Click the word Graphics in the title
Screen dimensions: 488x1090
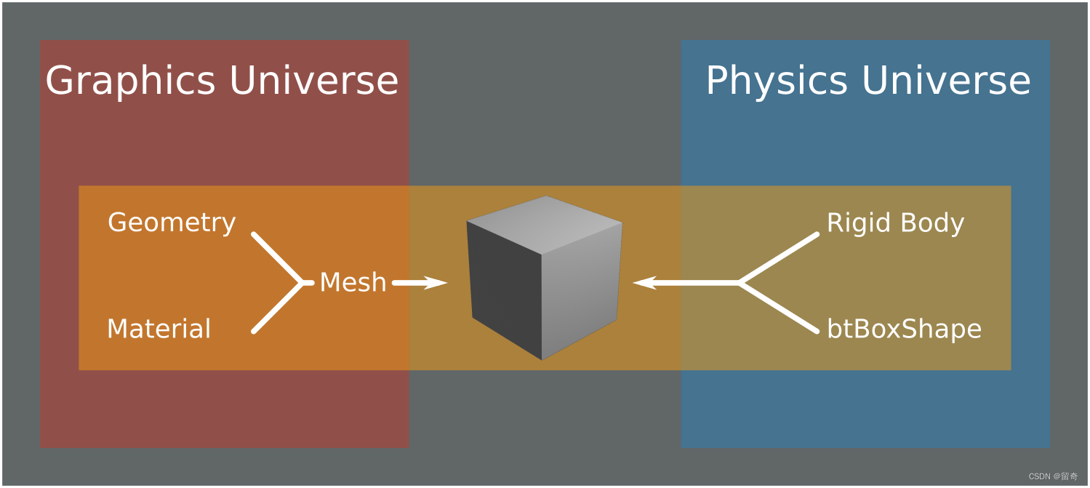tap(129, 81)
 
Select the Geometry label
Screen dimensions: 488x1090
tap(172, 223)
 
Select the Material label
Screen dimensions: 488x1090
tap(159, 329)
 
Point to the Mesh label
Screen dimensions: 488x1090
tap(353, 282)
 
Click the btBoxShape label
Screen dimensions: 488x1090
tap(904, 329)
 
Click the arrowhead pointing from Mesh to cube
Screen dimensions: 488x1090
tap(436, 283)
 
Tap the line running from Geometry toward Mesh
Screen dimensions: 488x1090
tap(276, 257)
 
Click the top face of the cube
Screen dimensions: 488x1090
tap(545, 223)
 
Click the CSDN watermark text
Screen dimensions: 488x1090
tap(1053, 476)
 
